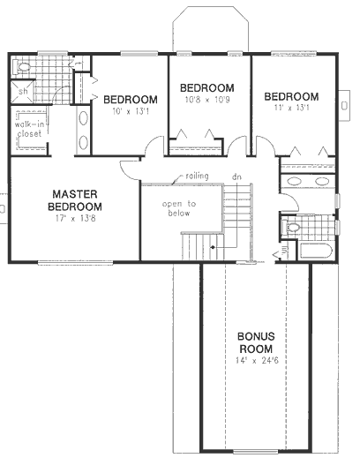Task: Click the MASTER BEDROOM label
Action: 73,199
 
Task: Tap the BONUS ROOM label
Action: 256,342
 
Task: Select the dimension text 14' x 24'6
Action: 256,361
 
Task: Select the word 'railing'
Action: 196,176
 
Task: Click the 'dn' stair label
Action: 236,177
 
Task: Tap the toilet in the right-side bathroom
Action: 294,228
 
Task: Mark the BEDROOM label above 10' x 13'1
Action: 130,99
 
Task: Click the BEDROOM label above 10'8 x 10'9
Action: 206,87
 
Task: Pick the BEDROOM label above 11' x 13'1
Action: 290,96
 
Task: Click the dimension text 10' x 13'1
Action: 130,110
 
